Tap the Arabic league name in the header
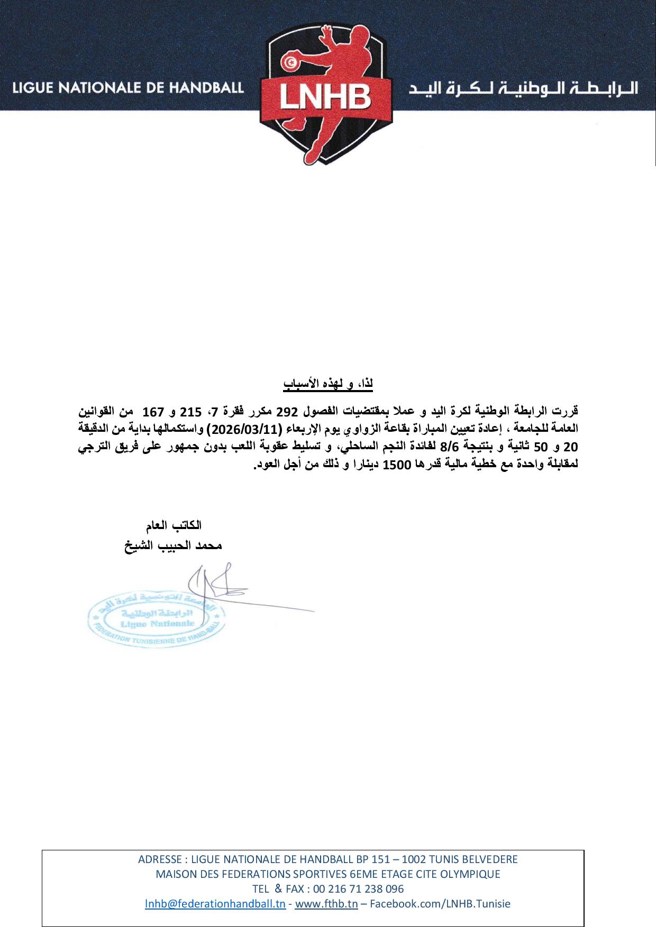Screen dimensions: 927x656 click(524, 88)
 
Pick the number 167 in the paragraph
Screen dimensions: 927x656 click(153, 411)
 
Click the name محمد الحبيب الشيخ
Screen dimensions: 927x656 click(174, 545)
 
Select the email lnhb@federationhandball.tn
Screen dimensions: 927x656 click(215, 903)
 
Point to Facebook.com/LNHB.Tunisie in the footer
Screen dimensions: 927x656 click(440, 903)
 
